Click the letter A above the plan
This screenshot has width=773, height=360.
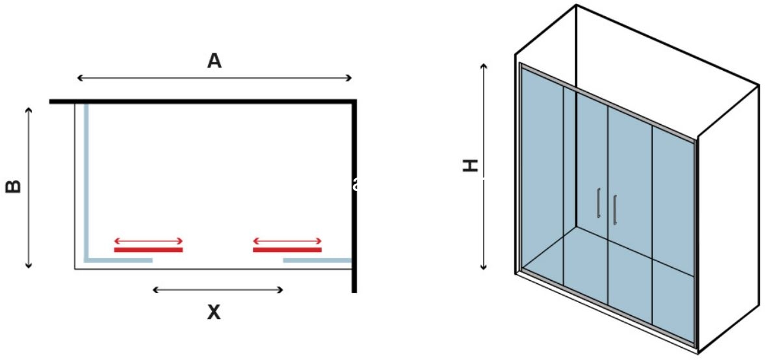click(214, 61)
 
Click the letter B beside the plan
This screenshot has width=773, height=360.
click(14, 186)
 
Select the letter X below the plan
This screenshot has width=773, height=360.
click(214, 313)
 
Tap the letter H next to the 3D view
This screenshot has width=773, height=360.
click(470, 165)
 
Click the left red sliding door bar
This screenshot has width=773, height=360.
click(148, 250)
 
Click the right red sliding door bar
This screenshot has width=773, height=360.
click(287, 250)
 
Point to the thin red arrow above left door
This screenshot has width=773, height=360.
click(148, 240)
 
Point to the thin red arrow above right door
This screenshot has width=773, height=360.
click(287, 240)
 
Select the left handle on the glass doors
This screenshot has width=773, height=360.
click(598, 203)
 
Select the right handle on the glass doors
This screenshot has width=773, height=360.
click(614, 208)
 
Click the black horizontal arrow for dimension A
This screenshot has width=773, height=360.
click(215, 78)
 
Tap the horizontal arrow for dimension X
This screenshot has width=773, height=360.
click(218, 290)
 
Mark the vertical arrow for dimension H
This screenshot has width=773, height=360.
click(484, 166)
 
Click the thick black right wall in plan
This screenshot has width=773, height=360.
click(354, 195)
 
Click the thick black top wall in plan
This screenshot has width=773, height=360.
click(202, 101)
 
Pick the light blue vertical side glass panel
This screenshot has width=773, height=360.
click(86, 182)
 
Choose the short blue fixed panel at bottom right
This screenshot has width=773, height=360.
click(317, 260)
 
